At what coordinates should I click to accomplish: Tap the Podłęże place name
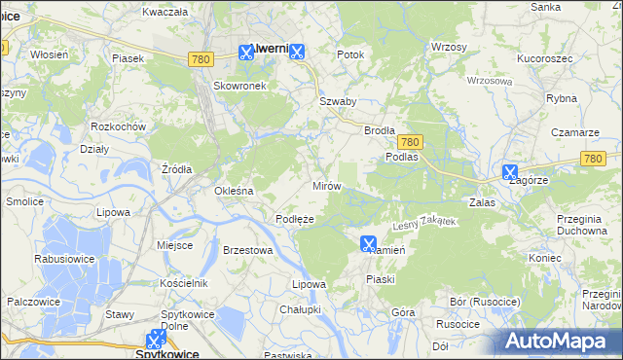294,219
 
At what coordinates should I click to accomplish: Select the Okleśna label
234,191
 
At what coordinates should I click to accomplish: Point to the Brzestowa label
246,250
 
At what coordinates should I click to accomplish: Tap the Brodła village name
379,130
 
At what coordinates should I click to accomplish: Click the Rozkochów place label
118,127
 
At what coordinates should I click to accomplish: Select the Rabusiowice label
63,259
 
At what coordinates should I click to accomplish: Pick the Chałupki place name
300,308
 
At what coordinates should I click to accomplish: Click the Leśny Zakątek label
423,224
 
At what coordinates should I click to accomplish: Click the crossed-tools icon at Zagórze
510,171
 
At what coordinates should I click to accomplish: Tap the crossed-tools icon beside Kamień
368,243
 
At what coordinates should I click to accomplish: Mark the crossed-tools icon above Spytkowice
155,340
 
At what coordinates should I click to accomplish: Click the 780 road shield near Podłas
409,141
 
